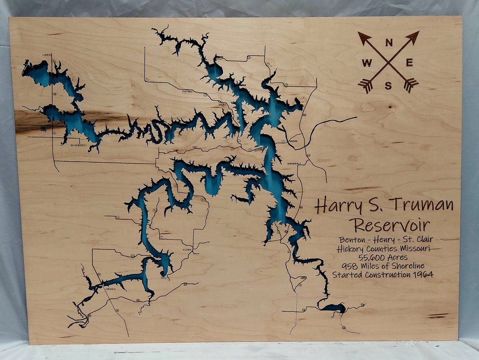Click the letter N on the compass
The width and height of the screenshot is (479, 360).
click(x=389, y=42)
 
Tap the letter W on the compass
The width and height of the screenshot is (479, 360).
click(x=367, y=63)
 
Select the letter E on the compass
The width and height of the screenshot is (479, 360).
click(x=409, y=63)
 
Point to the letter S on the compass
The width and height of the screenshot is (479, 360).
click(x=388, y=86)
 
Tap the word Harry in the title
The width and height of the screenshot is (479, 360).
click(x=339, y=206)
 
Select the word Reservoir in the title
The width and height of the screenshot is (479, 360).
click(x=391, y=224)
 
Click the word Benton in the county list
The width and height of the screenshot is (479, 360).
click(x=350, y=239)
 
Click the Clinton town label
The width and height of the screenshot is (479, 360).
click(x=47, y=55)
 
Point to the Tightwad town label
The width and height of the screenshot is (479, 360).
click(x=187, y=91)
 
